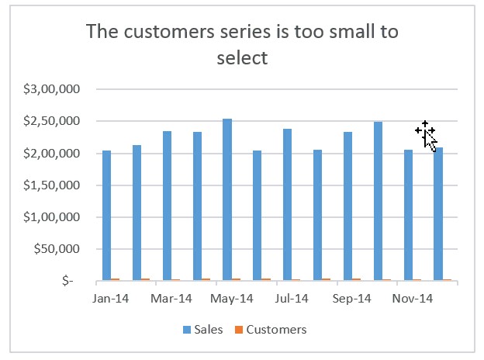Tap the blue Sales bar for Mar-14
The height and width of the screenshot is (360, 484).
coord(167,206)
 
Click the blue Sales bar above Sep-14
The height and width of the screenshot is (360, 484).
coord(347,206)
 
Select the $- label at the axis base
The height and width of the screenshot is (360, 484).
coord(71,281)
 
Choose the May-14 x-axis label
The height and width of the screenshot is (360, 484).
coord(231,298)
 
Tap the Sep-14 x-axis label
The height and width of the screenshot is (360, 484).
coord(352,298)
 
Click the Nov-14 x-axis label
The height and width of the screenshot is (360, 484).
coord(412,298)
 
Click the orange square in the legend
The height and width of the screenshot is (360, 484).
coord(240,330)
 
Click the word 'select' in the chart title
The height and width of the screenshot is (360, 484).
coord(242,58)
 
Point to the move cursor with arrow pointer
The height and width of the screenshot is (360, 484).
coord(426,133)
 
